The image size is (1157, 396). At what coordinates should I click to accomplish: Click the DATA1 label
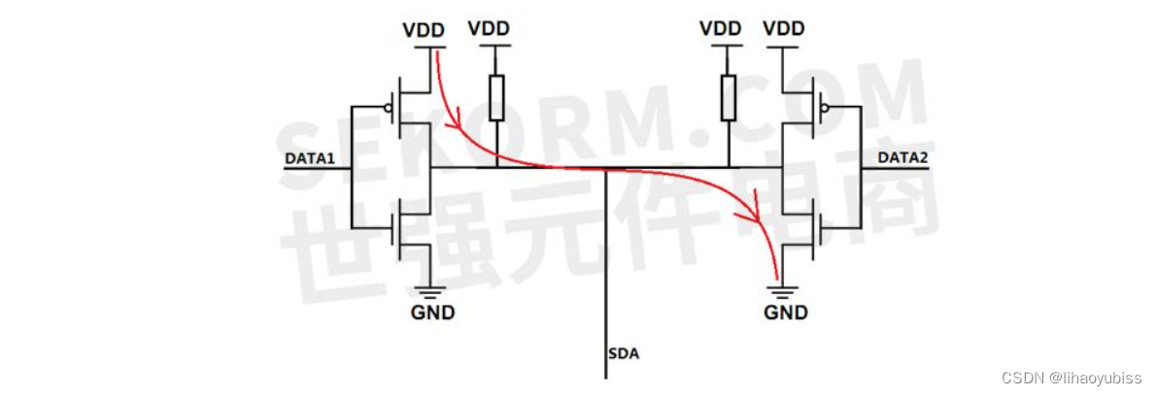[x=309, y=156]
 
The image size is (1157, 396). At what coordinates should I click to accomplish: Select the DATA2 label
[x=902, y=156]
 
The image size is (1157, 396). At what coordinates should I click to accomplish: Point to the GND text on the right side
[x=786, y=313]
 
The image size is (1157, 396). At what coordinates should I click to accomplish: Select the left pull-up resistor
[x=496, y=98]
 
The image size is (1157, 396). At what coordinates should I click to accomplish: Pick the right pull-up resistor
[x=729, y=98]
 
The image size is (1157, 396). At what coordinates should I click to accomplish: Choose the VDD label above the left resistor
[x=489, y=28]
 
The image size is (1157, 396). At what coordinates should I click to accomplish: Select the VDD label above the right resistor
[x=720, y=28]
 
